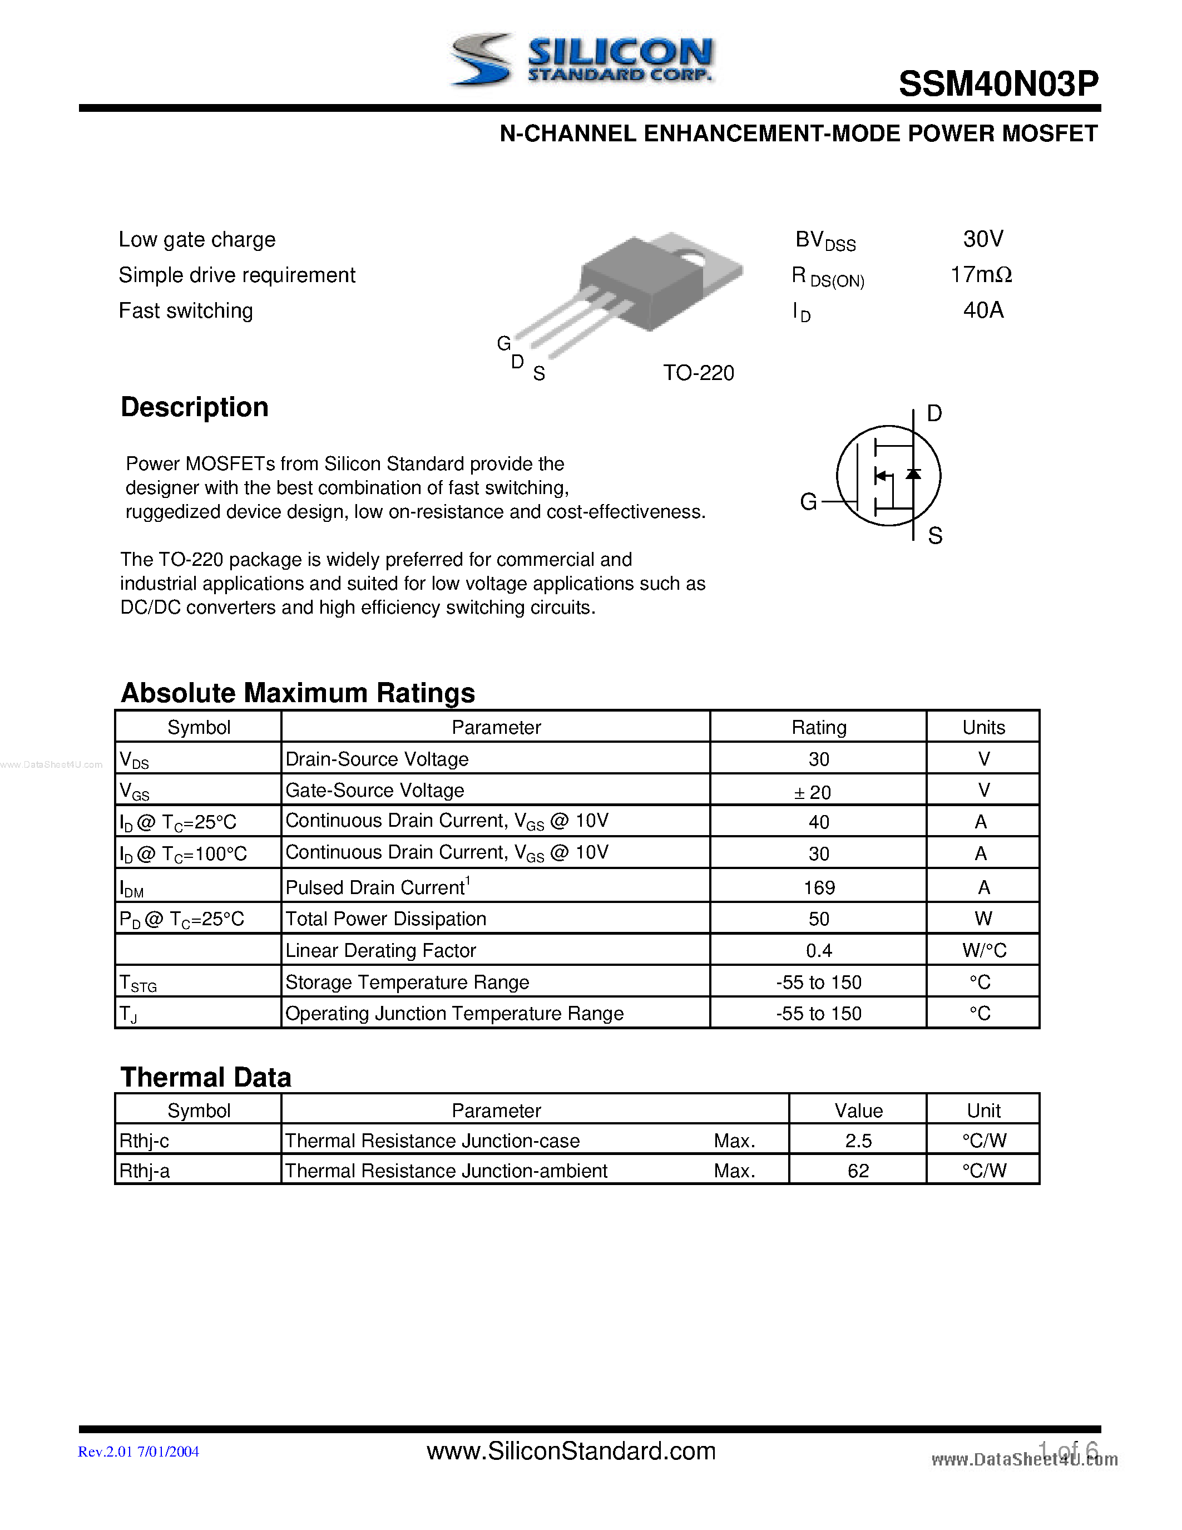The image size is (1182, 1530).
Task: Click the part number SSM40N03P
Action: tap(998, 84)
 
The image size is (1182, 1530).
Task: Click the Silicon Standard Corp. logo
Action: tap(581, 61)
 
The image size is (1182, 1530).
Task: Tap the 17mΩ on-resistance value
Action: tap(980, 275)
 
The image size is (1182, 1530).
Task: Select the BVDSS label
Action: tap(825, 241)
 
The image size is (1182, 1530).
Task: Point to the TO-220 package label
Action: tap(698, 373)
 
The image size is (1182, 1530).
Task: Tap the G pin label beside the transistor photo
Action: tap(503, 343)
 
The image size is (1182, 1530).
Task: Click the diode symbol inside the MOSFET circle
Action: tap(913, 474)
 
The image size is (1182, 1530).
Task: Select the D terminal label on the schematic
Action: tap(934, 413)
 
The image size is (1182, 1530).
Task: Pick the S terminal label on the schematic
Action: tap(935, 536)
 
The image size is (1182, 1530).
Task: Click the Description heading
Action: tap(194, 407)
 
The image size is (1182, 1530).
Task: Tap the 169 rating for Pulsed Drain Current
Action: tap(819, 887)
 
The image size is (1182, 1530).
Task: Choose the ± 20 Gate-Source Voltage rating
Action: tap(812, 792)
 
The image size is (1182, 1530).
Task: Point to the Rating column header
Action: tap(819, 727)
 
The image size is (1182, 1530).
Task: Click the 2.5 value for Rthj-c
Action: tap(858, 1141)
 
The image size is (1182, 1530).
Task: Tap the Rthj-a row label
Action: tap(144, 1171)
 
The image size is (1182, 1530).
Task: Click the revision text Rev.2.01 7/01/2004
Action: tap(138, 1452)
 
